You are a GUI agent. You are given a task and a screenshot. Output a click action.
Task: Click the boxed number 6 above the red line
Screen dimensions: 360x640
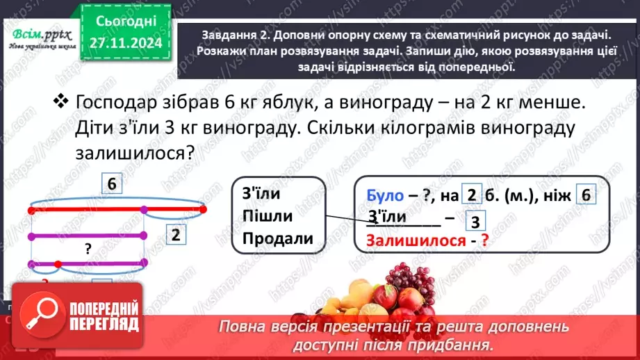point(110,184)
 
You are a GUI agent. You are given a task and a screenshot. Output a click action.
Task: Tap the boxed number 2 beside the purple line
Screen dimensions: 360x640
point(176,236)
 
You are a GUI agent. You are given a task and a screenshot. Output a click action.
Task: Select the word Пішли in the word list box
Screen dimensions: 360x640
point(268,215)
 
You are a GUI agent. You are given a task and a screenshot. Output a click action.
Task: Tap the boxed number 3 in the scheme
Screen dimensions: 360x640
point(474,222)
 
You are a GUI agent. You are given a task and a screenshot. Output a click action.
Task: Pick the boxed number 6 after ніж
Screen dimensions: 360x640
point(585,196)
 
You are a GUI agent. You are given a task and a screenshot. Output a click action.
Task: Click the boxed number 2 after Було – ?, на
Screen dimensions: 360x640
point(470,196)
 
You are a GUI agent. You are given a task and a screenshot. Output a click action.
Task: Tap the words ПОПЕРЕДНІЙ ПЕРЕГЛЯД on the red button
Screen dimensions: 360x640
point(104,316)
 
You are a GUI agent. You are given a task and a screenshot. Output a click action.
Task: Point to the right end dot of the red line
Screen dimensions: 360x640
point(204,208)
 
